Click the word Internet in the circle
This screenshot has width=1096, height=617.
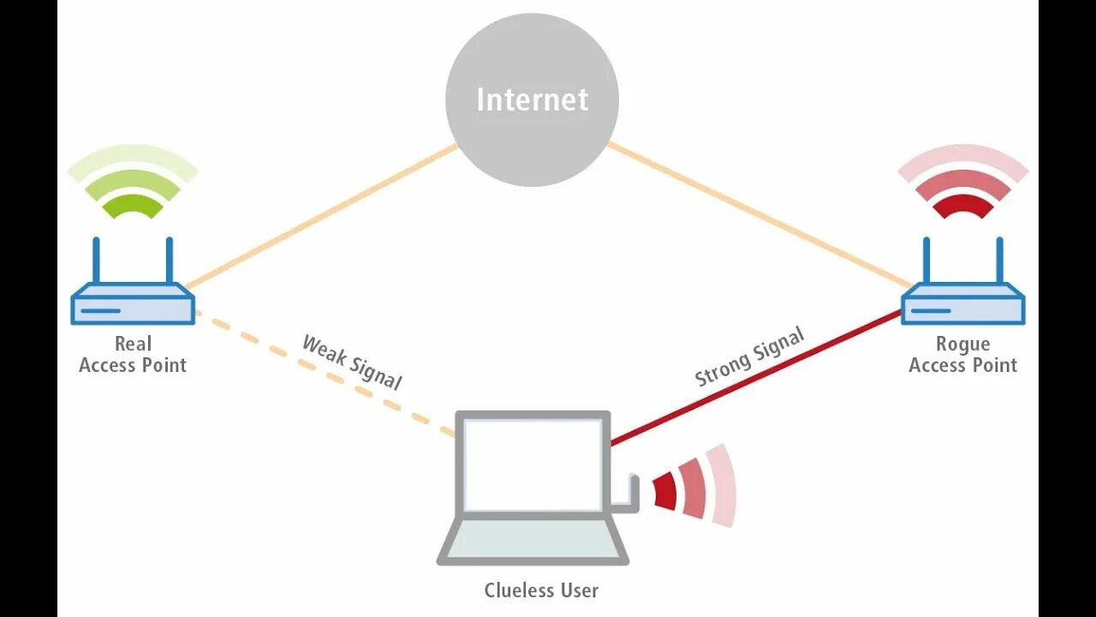[x=532, y=99]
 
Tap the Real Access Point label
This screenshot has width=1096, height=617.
[x=133, y=355]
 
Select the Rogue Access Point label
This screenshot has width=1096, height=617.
[x=962, y=355]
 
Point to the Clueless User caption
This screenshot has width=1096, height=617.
[x=541, y=590]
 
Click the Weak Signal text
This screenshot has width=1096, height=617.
[x=352, y=362]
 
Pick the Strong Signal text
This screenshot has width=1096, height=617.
[x=749, y=356]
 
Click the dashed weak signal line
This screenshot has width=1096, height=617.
[x=325, y=374]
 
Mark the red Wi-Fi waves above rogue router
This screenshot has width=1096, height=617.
[x=962, y=184]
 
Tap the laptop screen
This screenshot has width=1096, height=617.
[x=533, y=464]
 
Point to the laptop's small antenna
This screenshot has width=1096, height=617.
[x=634, y=492]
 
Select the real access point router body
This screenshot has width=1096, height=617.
[x=133, y=304]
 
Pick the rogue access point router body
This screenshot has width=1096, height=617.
[x=962, y=304]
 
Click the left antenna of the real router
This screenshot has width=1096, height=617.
[x=96, y=261]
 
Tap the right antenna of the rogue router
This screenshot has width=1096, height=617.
[x=998, y=261]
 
